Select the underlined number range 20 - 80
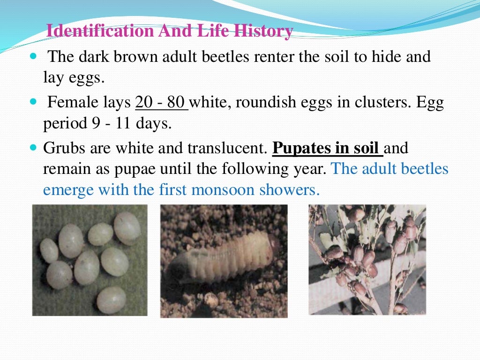[x=161, y=102]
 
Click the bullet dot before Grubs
[x=33, y=148]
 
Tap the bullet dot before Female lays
[x=33, y=102]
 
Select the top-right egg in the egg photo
[x=127, y=228]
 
